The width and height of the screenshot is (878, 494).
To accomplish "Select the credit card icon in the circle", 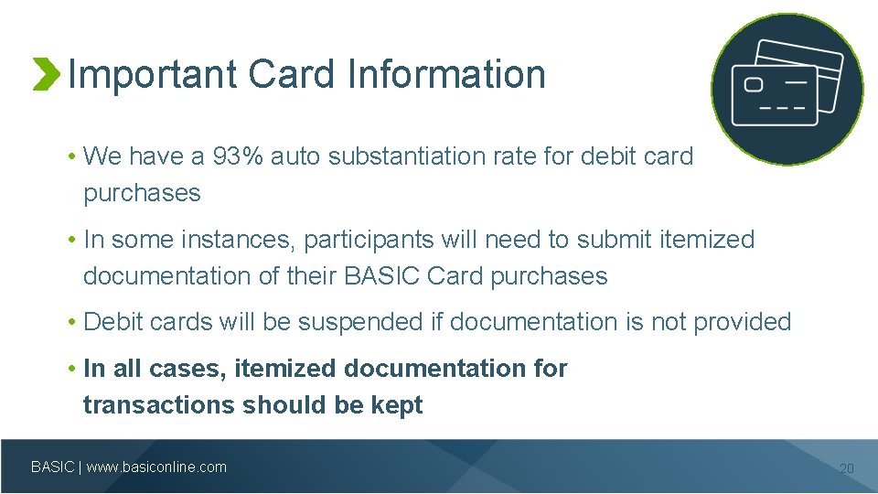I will (x=787, y=89).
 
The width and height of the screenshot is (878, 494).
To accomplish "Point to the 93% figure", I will (x=241, y=156).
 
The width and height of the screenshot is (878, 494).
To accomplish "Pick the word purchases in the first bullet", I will (x=142, y=193).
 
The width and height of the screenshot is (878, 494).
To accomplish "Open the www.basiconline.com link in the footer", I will (x=156, y=467).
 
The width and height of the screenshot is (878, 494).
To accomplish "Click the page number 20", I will (x=846, y=468).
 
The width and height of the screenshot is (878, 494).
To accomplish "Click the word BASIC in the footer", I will (x=53, y=467).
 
